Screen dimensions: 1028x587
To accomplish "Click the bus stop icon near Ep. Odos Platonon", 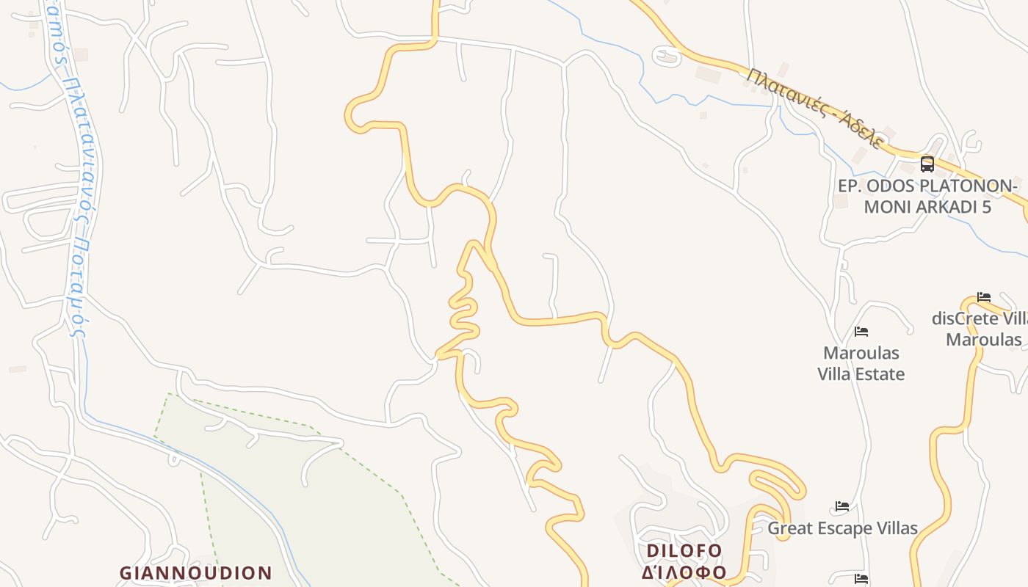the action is (x=927, y=164).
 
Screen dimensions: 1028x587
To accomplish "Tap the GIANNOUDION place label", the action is (x=196, y=572).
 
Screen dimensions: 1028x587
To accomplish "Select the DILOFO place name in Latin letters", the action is (x=684, y=550).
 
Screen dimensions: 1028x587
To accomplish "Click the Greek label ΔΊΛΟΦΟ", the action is (x=684, y=572).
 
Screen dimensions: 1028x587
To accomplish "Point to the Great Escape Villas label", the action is (x=842, y=528).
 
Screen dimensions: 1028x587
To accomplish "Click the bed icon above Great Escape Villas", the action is (x=842, y=506).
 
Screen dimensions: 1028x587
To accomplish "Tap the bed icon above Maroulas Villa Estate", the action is (x=861, y=332).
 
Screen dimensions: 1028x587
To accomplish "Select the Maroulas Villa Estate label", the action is (x=861, y=363).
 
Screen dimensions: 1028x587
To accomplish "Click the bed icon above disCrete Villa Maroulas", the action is (x=984, y=297).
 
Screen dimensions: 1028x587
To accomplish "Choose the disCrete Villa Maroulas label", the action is (x=980, y=329).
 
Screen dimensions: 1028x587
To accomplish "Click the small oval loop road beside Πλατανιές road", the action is (x=667, y=56).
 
